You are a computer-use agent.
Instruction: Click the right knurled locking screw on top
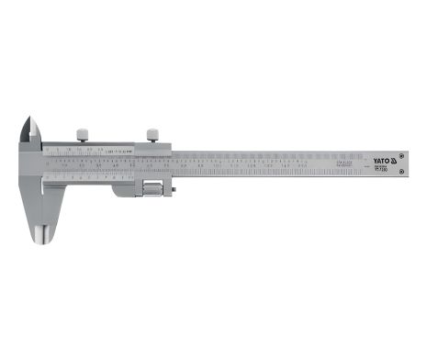coord(152,134)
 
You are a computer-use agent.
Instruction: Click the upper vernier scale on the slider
coord(87,148)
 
